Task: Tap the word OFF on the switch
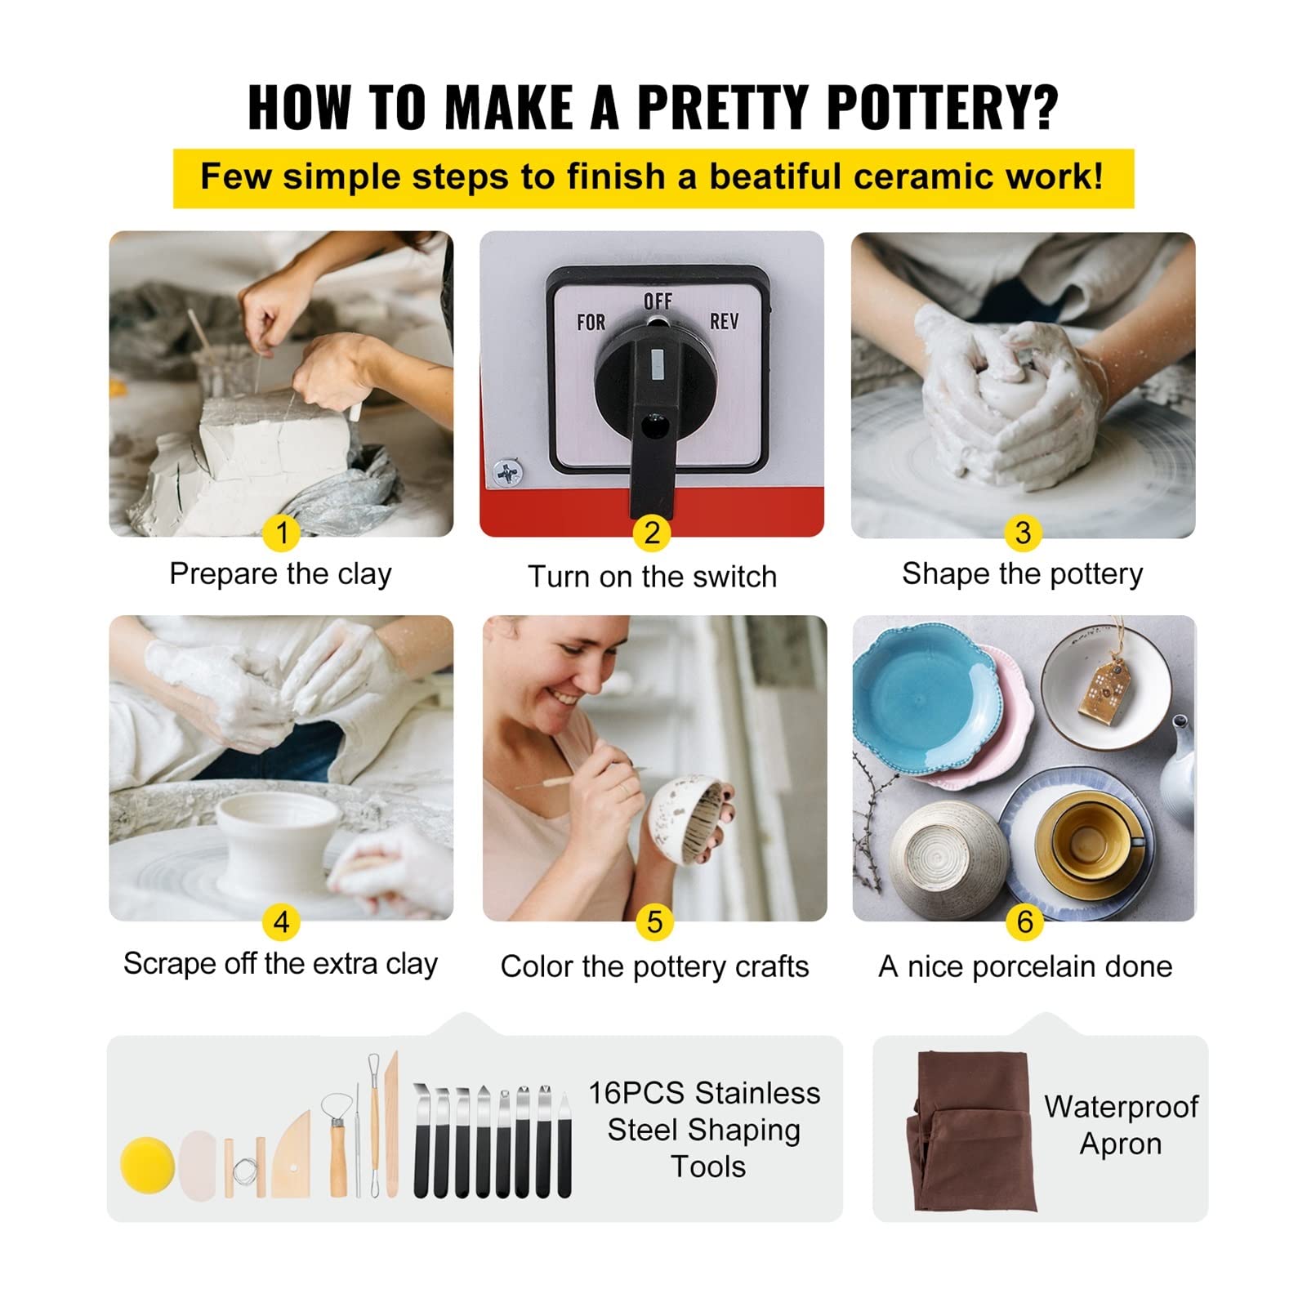point(658,301)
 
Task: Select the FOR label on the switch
point(591,323)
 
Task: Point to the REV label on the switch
point(724,322)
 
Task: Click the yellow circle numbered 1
point(282,533)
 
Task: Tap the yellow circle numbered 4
point(282,922)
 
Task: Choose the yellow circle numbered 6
point(1025,922)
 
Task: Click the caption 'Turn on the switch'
point(652,577)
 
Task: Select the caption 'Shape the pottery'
point(1023,574)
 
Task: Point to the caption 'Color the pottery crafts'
point(654,966)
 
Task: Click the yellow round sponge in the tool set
point(148,1165)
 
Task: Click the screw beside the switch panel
point(507,472)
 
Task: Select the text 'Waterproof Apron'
point(1121,1125)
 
